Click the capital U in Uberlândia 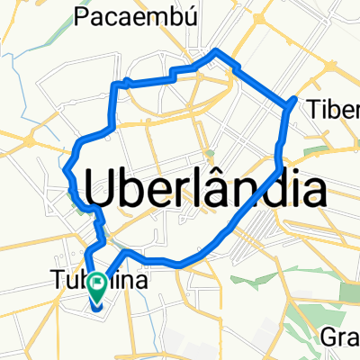click(x=101, y=190)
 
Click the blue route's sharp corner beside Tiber click(x=294, y=98)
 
